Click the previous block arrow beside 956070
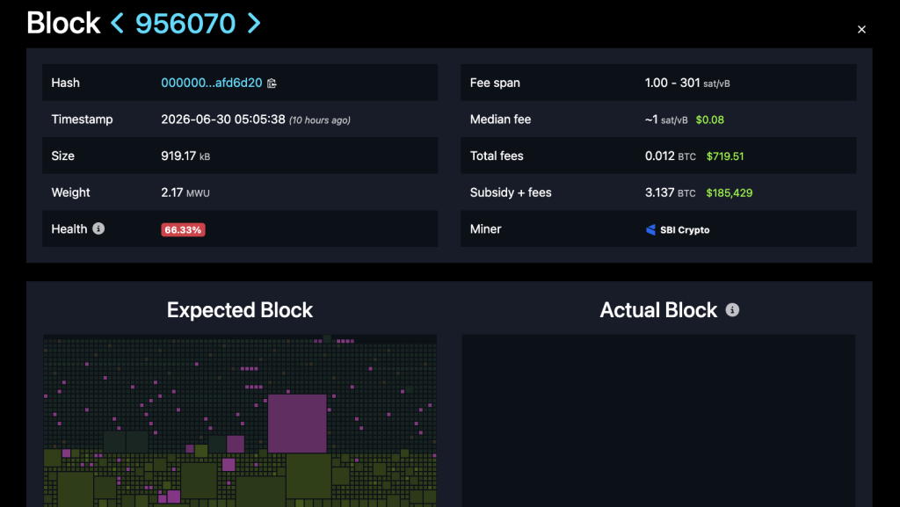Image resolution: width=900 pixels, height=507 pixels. tap(117, 24)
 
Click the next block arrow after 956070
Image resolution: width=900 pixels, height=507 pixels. tap(254, 24)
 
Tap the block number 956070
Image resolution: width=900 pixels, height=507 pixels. tap(185, 24)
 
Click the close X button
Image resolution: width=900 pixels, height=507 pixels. tap(861, 29)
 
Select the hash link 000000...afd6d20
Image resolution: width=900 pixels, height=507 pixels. tap(211, 83)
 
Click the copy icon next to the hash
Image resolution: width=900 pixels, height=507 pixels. tap(272, 83)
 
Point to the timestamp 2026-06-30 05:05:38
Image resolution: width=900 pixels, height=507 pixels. tap(222, 120)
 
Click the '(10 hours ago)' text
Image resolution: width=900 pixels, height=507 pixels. tap(320, 120)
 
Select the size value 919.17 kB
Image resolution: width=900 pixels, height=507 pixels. tap(185, 156)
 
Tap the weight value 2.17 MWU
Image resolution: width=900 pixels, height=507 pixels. tap(185, 192)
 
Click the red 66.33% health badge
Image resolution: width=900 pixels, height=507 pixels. tap(183, 230)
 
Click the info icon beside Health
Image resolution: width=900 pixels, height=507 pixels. tap(98, 228)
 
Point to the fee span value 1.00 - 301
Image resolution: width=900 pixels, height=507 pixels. tap(672, 83)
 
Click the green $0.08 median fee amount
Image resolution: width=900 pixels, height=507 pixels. tap(709, 120)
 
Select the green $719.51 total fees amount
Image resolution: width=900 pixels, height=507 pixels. tap(725, 156)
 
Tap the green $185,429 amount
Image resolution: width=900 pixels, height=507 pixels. tap(729, 193)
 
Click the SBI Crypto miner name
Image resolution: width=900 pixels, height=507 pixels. tap(685, 230)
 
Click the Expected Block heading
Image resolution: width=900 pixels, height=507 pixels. tap(240, 310)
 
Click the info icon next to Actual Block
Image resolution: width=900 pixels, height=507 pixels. tap(732, 309)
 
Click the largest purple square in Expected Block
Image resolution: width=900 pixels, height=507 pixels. tap(297, 424)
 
